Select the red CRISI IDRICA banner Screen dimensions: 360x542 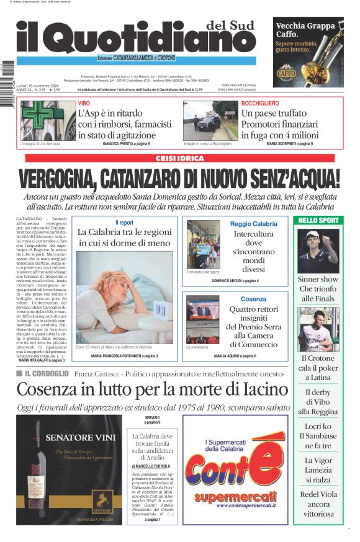click(179, 159)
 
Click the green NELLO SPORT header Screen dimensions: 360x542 click(318, 220)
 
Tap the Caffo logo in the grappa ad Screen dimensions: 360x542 click(286, 73)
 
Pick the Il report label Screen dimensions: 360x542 click(124, 222)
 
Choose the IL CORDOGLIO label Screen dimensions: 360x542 click(46, 374)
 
